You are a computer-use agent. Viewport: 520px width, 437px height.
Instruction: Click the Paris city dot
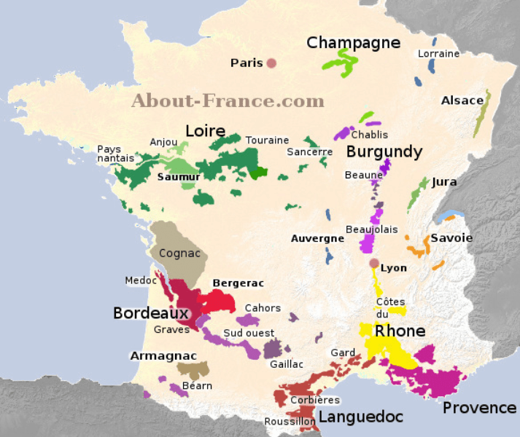coord(271,63)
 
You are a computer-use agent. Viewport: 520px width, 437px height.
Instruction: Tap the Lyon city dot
coord(374,264)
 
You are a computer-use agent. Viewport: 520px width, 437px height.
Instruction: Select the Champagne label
coord(353,43)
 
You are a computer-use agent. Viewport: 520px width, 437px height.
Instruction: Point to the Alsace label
coord(462,101)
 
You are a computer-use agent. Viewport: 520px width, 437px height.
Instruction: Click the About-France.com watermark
coord(228,101)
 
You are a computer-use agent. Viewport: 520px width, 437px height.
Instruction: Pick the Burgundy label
coord(384,151)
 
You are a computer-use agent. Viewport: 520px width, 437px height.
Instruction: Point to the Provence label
coord(479,408)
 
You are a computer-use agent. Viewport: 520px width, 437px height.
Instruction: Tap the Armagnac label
coord(163,356)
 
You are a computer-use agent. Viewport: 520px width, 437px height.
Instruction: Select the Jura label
coord(444,182)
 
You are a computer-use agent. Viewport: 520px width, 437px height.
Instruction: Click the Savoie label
coord(451,238)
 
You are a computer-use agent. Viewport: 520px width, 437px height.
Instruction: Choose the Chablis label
coord(369,135)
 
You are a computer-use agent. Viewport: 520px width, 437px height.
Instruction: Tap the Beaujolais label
coord(371,229)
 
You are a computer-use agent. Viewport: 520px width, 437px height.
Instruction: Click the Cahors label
coord(263,308)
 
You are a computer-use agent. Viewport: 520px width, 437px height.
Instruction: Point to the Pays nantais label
coord(115,154)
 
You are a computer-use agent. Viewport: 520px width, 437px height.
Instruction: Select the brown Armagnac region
coord(193,369)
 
